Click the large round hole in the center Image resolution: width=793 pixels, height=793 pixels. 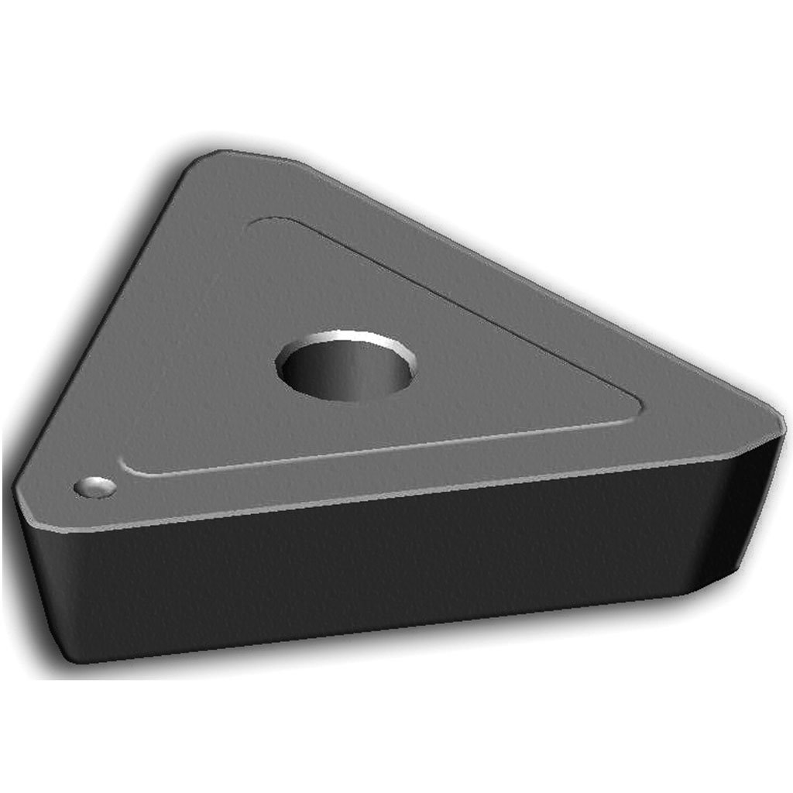tap(345, 366)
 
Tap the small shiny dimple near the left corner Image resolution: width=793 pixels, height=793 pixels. tap(95, 487)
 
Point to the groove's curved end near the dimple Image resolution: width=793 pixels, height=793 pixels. tap(126, 465)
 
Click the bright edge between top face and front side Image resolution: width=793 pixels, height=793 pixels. tap(387, 496)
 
